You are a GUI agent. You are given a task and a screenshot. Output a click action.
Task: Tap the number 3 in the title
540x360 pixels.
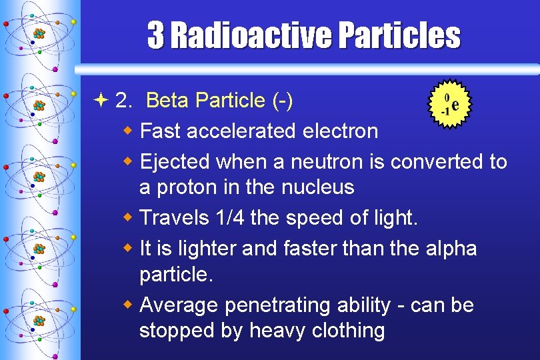(155, 35)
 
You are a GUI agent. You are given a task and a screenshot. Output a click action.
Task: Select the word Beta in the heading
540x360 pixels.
(164, 101)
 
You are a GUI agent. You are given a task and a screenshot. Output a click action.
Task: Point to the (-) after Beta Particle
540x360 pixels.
(283, 101)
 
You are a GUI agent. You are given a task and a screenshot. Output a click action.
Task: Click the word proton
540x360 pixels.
(186, 187)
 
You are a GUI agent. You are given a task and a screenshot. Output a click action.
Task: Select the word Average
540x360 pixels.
(180, 305)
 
